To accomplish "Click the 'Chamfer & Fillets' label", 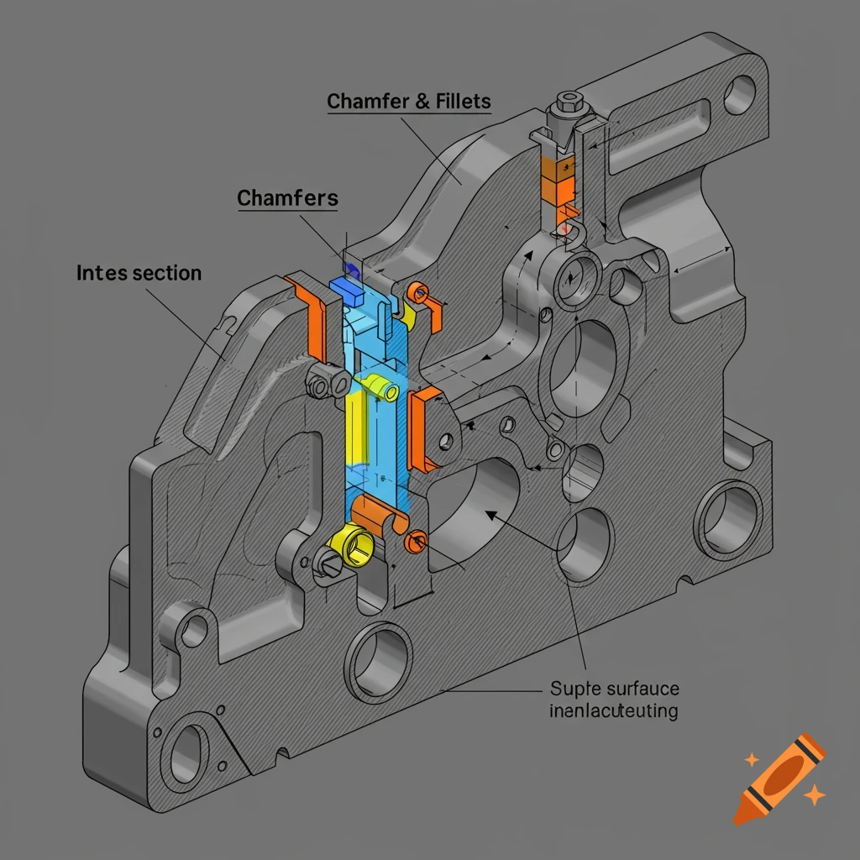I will pos(409,102).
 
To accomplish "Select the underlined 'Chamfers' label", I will pos(287,199).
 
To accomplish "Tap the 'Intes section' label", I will pos(139,274).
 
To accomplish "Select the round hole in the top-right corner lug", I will pos(739,94).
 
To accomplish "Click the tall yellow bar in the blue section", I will pos(356,428).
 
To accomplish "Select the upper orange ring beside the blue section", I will pos(417,293).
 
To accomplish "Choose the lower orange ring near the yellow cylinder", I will pos(417,542).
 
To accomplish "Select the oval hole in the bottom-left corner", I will pos(187,751).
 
